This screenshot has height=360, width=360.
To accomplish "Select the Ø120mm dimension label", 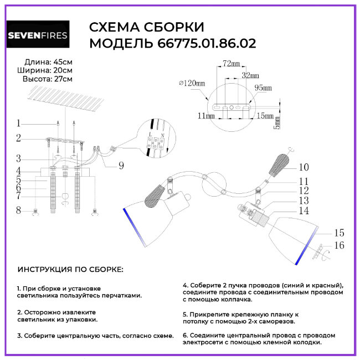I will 192,83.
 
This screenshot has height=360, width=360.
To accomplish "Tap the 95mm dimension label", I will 263,88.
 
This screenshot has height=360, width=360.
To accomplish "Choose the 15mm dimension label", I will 265,116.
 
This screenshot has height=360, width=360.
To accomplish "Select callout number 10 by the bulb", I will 304,167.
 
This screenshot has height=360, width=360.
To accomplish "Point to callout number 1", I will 18,124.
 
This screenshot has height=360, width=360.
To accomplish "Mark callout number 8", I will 18,210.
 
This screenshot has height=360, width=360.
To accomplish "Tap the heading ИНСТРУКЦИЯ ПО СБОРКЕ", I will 70,269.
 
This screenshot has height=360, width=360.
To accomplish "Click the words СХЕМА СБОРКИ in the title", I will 147,28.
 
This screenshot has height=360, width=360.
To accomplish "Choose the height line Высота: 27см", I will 48,79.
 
